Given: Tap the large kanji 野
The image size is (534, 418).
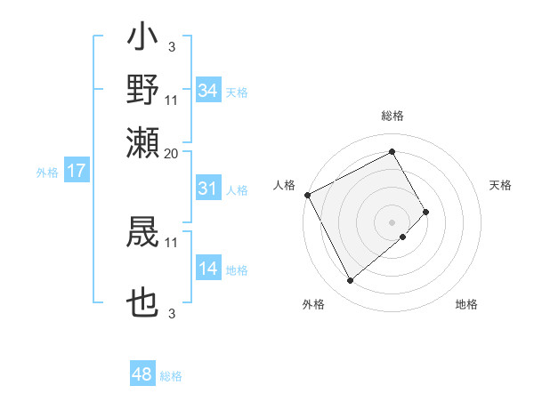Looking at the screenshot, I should (143, 90).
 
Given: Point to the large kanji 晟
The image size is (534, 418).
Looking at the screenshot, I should (143, 231).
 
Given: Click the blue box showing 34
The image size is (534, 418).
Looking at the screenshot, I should (208, 91).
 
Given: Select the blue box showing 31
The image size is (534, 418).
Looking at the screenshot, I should (208, 189).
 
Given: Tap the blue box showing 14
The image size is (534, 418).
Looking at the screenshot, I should (208, 269).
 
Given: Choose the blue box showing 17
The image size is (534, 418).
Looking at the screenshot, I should (76, 171).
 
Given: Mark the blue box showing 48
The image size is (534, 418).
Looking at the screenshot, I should (142, 374).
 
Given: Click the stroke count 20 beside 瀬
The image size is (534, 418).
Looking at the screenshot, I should (172, 153).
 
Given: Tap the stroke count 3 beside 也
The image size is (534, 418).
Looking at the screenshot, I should (172, 314).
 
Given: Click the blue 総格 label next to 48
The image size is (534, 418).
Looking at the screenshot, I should (171, 376).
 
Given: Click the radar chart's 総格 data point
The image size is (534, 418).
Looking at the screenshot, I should (392, 151).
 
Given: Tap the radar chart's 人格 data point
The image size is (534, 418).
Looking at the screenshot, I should (307, 195).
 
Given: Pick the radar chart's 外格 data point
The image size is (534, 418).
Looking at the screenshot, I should (350, 281).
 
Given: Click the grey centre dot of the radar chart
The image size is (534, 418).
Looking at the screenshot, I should (392, 221).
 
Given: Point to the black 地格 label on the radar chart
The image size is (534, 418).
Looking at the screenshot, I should (466, 305).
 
